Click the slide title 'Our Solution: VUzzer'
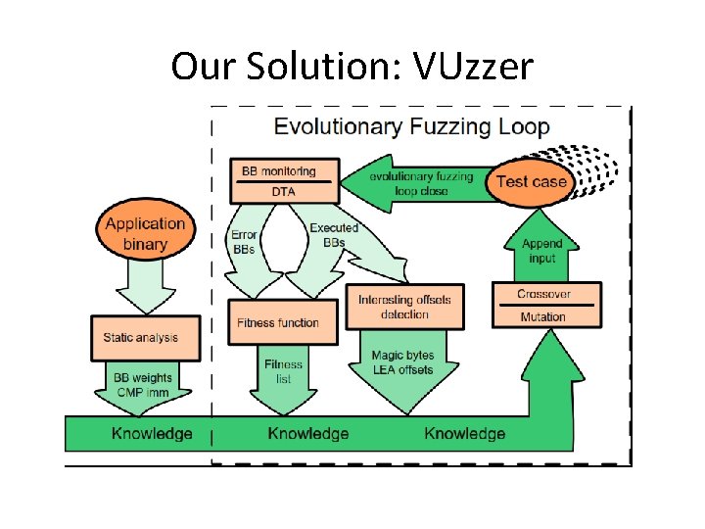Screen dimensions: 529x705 (x=352, y=67)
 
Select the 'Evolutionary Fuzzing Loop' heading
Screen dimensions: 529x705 (x=411, y=126)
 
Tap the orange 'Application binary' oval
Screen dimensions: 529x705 (x=145, y=234)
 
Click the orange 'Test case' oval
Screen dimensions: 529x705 (x=531, y=182)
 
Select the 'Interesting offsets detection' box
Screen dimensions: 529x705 (x=405, y=307)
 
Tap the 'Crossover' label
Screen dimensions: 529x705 (x=542, y=295)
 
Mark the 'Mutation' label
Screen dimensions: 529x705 (x=542, y=316)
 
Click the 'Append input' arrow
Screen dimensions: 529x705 (x=542, y=251)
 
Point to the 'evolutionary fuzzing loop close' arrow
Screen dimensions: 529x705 (x=421, y=184)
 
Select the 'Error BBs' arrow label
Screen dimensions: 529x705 (x=244, y=242)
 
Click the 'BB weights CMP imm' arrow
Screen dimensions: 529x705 (x=141, y=385)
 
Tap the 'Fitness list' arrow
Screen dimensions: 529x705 (x=283, y=372)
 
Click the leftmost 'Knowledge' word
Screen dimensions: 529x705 (x=152, y=433)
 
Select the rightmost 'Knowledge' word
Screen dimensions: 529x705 (x=465, y=433)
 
